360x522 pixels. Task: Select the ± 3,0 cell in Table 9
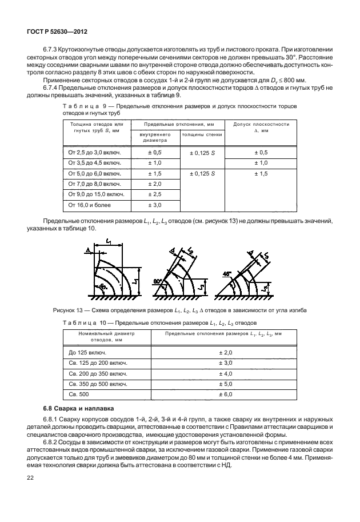(x=155, y=204)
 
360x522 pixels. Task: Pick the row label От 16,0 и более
(x=90, y=204)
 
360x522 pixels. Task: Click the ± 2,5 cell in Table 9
(x=155, y=194)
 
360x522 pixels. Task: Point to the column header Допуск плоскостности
(x=261, y=125)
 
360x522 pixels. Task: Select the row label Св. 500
(x=80, y=395)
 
